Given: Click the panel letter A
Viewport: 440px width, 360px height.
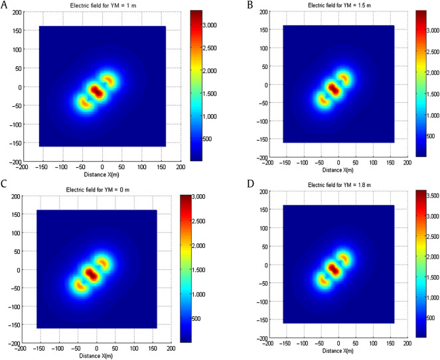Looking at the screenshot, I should [5, 6].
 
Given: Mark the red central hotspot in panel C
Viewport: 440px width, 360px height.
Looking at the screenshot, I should [91, 272].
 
